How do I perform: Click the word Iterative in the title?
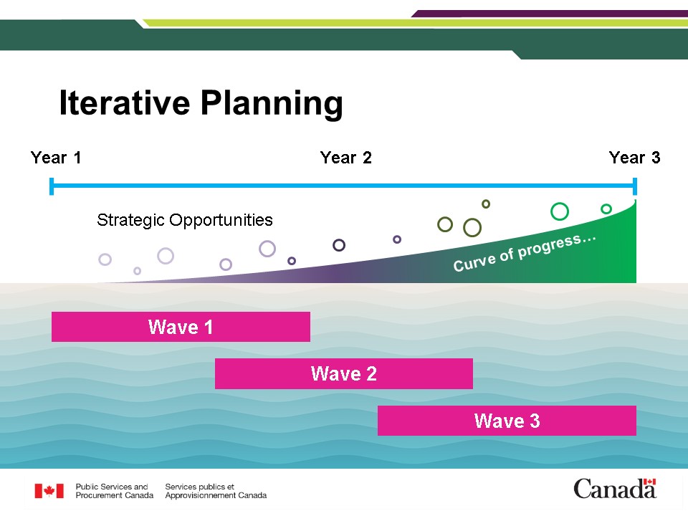[x=125, y=102]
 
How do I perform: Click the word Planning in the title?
[x=272, y=105]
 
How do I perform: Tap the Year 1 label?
[x=56, y=158]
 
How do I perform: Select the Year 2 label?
[x=345, y=158]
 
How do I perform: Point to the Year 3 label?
[x=634, y=158]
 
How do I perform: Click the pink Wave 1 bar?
[x=181, y=327]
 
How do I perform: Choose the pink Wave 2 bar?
[x=344, y=374]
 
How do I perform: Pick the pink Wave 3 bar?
[x=507, y=421]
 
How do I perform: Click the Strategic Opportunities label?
[x=185, y=220]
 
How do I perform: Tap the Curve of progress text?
[x=525, y=253]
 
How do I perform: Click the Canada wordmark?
[x=615, y=489]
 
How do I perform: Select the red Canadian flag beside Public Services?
[x=49, y=491]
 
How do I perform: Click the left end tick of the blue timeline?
[x=52, y=186]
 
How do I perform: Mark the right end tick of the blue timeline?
[x=635, y=186]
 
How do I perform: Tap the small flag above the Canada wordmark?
[x=649, y=482]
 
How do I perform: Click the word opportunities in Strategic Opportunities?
[x=221, y=220]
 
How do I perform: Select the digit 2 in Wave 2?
[x=371, y=374]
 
